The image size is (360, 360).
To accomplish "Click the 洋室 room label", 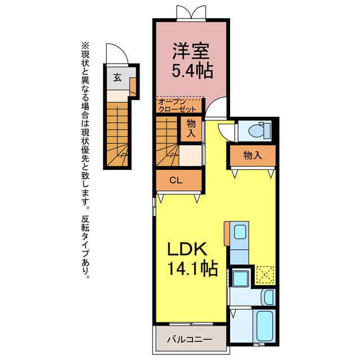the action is point(191,51).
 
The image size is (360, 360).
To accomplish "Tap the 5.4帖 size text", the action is point(192,71).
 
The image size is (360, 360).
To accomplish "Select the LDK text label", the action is point(187,249).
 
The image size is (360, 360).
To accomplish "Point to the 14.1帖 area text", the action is point(192,268).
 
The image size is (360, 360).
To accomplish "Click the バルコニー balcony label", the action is point(190,339).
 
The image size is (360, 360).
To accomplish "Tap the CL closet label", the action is point(176,180).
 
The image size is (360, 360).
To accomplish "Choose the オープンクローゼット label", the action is point(178,105).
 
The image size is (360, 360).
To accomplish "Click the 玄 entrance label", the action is point(118,78).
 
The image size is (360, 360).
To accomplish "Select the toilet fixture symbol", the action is point(260,130).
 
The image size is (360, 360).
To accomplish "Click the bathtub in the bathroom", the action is point(265,325).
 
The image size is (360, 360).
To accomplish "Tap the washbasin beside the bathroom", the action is point(268,298).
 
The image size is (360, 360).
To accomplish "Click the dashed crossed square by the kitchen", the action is point(265,274).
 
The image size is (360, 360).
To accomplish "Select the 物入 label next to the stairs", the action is point(191,128).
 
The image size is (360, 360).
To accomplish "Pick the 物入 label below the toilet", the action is point(253,155).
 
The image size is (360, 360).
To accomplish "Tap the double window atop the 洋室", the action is point(191,12).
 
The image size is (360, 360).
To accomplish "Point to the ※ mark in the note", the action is point(85,46).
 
